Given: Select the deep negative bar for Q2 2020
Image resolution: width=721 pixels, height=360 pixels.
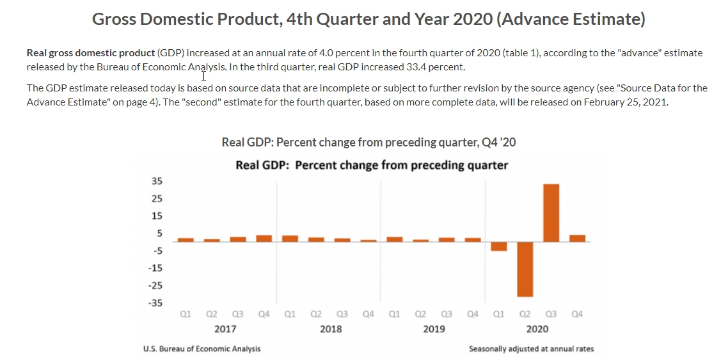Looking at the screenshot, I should click(525, 269).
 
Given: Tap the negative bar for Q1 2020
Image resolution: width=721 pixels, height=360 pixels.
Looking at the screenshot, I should click(499, 246).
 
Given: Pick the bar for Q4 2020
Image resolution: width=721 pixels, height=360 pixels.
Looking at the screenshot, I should click(577, 239).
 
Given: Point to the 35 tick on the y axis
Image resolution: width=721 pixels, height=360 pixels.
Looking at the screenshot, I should click(157, 182).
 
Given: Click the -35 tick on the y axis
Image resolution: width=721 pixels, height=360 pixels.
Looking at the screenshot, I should click(155, 303).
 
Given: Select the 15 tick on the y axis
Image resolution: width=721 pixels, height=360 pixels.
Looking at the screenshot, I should click(157, 216).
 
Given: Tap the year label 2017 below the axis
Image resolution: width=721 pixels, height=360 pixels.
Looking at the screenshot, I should click(225, 329).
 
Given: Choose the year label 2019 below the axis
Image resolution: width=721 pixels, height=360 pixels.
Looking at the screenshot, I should click(434, 329).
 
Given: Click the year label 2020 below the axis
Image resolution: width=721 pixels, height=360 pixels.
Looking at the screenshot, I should click(537, 329).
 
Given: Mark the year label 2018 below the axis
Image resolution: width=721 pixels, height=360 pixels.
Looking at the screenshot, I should click(330, 329).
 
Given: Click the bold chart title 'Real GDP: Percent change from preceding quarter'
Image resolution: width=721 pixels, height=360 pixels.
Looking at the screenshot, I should click(372, 165).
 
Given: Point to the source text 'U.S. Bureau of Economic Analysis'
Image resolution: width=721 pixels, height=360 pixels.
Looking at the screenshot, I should click(202, 348).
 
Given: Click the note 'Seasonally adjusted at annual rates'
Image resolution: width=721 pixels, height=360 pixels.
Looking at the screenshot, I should click(531, 348).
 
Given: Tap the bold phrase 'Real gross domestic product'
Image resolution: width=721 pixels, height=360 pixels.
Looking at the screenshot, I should click(90, 52).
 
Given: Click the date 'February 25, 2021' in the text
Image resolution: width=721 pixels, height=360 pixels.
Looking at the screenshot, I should click(625, 102).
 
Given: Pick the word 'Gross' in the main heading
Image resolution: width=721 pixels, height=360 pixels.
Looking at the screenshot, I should click(114, 19).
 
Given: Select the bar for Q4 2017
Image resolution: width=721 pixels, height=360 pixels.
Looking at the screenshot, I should click(264, 239).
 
